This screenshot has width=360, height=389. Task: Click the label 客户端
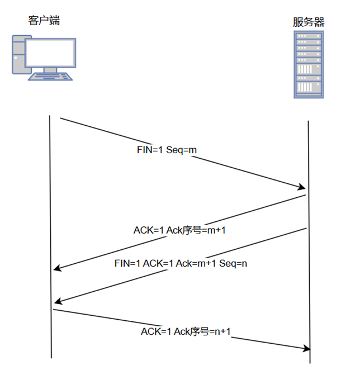coord(44,21)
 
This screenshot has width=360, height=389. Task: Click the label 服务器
coord(309,22)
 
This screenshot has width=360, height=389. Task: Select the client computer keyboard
coord(50,77)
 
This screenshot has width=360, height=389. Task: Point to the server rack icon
coord(309,64)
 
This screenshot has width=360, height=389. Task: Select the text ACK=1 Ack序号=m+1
coord(179,230)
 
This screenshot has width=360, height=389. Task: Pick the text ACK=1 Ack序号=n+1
coord(186,332)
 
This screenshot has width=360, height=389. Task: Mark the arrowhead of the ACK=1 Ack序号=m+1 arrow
coord(58,270)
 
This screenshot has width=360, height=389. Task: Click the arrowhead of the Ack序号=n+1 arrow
coord(306,349)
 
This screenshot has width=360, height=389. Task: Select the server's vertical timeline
coord(309,252)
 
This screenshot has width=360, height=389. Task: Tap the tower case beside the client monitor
coord(18,55)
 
